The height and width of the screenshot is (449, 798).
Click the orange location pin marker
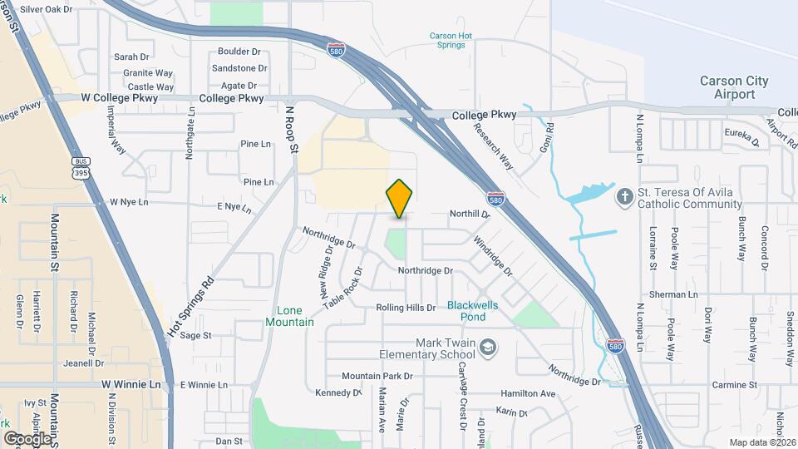[x=400, y=198]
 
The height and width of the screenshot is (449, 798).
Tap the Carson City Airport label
[x=734, y=87]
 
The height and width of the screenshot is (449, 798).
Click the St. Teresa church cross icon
[x=625, y=195]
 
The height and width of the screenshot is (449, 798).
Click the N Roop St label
[x=291, y=130]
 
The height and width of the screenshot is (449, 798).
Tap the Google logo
[x=27, y=438]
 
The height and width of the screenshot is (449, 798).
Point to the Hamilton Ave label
[x=527, y=393]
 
